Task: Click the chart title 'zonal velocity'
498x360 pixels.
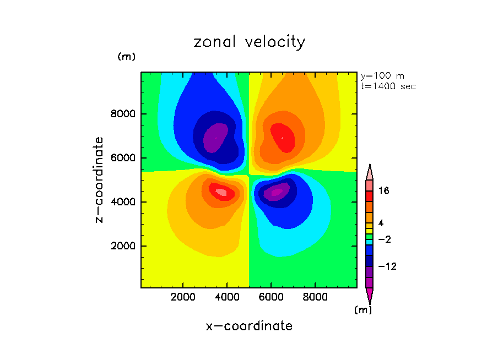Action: click(x=249, y=42)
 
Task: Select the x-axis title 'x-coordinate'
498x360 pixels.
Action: click(x=249, y=326)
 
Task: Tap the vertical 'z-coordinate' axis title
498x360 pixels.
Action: click(x=99, y=179)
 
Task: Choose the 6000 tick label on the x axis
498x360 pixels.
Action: click(x=271, y=297)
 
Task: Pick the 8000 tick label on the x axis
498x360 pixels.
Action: click(x=315, y=297)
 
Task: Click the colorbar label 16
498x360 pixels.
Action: click(x=384, y=191)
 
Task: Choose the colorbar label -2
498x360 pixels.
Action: click(x=384, y=239)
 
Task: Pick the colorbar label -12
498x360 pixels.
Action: click(x=387, y=266)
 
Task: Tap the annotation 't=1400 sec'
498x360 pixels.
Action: click(x=388, y=86)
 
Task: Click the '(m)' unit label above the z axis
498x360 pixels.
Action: click(x=126, y=57)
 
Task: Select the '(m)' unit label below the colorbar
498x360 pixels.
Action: click(x=362, y=310)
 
